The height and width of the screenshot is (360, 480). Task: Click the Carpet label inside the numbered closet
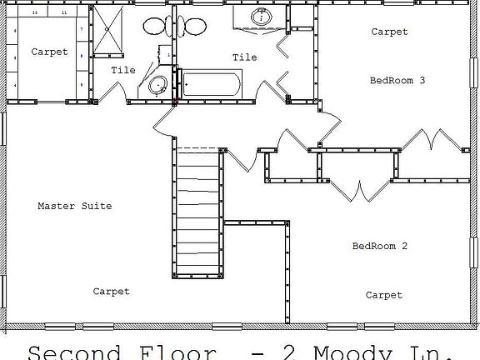(x=49, y=52)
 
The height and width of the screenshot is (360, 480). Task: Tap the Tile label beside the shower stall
(x=123, y=71)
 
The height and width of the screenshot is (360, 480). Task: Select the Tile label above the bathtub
(x=244, y=57)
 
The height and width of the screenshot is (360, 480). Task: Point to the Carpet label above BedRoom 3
(x=389, y=32)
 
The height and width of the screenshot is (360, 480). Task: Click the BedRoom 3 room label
(x=397, y=81)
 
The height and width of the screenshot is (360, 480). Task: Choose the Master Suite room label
(x=74, y=206)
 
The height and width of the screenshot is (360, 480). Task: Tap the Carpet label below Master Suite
(x=111, y=292)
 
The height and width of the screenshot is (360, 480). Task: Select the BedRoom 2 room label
(x=379, y=246)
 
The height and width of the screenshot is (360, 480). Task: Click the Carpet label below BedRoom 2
(x=383, y=295)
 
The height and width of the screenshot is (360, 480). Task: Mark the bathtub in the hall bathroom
(x=212, y=85)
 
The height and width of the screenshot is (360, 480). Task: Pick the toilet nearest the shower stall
(x=155, y=26)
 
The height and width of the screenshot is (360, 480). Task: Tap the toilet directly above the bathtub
(x=194, y=26)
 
